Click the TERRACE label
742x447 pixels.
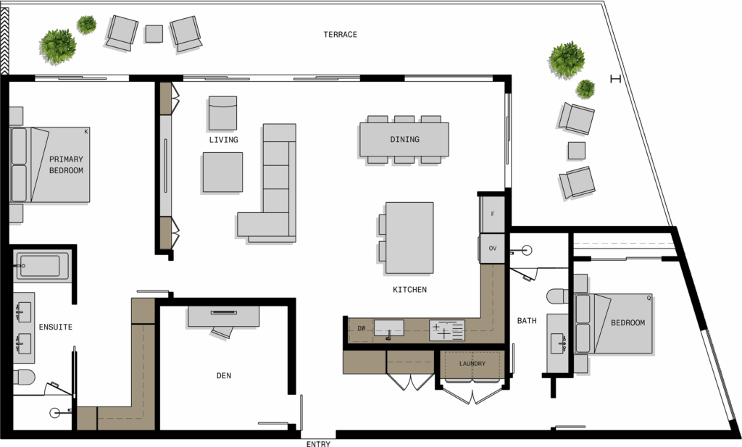tap(341, 35)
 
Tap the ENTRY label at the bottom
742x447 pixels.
tap(318, 443)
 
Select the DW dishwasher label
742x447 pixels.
tap(362, 328)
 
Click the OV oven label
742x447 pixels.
tap(493, 248)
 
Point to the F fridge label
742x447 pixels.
tap(493, 214)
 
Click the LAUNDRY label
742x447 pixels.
tap(472, 364)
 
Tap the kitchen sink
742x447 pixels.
tap(389, 328)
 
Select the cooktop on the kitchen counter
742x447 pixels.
tap(446, 330)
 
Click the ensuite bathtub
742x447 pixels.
tap(41, 266)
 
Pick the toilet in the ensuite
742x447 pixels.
tap(24, 377)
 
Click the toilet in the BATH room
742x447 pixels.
tap(558, 296)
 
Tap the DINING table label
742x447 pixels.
tap(404, 140)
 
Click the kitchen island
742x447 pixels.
tap(409, 238)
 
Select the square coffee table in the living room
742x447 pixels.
tap(223, 172)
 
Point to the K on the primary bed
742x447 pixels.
tap(86, 132)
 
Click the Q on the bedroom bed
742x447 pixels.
tap(649, 298)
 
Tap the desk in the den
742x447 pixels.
tap(223, 317)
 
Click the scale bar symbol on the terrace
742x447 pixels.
tap(615, 79)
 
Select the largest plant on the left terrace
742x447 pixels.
tap(58, 46)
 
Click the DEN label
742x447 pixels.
tap(224, 375)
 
